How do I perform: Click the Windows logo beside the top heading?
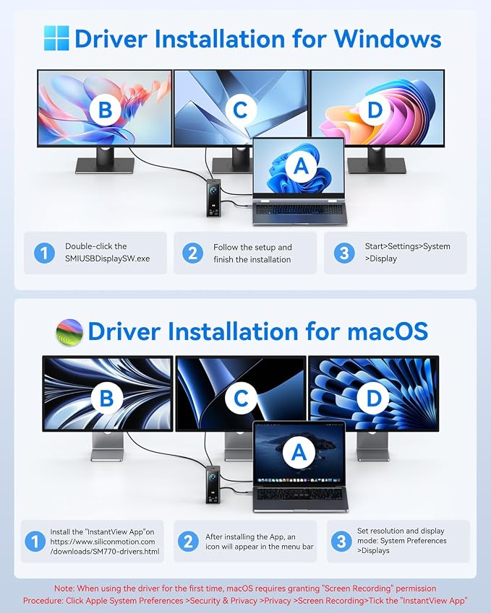(56, 38)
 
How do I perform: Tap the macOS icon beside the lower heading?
(69, 332)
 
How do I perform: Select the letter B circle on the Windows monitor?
(106, 110)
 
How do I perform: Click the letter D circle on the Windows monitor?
(375, 110)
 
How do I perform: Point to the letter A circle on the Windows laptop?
(301, 166)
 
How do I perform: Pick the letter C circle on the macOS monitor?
(241, 398)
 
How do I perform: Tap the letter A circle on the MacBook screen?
(299, 452)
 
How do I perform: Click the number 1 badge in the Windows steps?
(44, 253)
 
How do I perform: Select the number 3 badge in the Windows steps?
(344, 253)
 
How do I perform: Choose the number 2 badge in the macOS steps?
(188, 542)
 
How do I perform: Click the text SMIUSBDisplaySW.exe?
(107, 258)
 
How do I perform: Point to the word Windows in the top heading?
(388, 39)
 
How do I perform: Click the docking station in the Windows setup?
(214, 197)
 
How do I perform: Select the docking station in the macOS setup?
(213, 484)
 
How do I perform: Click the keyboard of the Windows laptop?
(299, 209)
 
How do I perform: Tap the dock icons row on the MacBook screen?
(299, 479)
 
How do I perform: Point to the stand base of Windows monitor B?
(105, 166)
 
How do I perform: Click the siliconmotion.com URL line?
(103, 542)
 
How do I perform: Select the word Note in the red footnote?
(64, 588)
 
